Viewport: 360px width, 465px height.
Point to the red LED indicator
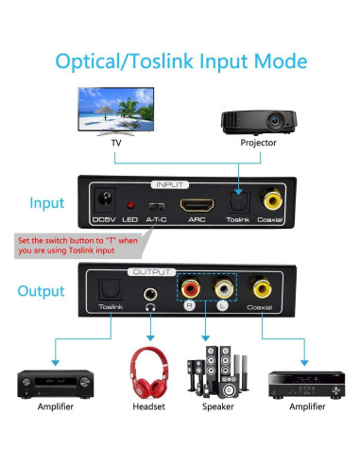129,205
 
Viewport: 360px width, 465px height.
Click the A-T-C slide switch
157,205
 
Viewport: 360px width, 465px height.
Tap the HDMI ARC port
196,204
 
